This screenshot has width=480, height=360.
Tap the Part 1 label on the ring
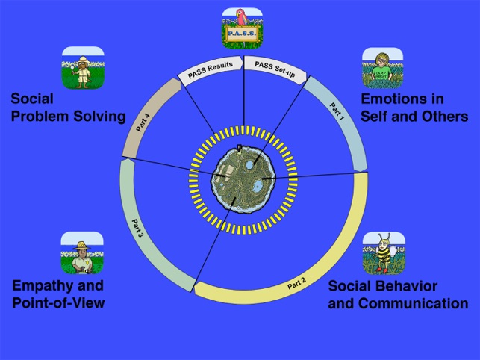[x=337, y=111]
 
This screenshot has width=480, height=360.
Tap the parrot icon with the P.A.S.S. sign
[x=242, y=28]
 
